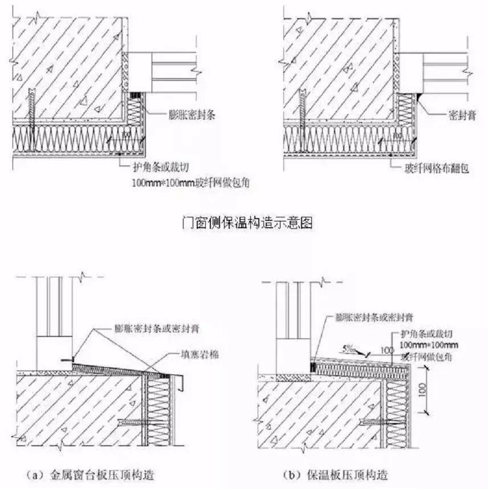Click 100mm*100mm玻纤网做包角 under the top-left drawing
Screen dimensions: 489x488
191,182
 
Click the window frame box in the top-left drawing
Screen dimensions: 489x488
140,72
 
